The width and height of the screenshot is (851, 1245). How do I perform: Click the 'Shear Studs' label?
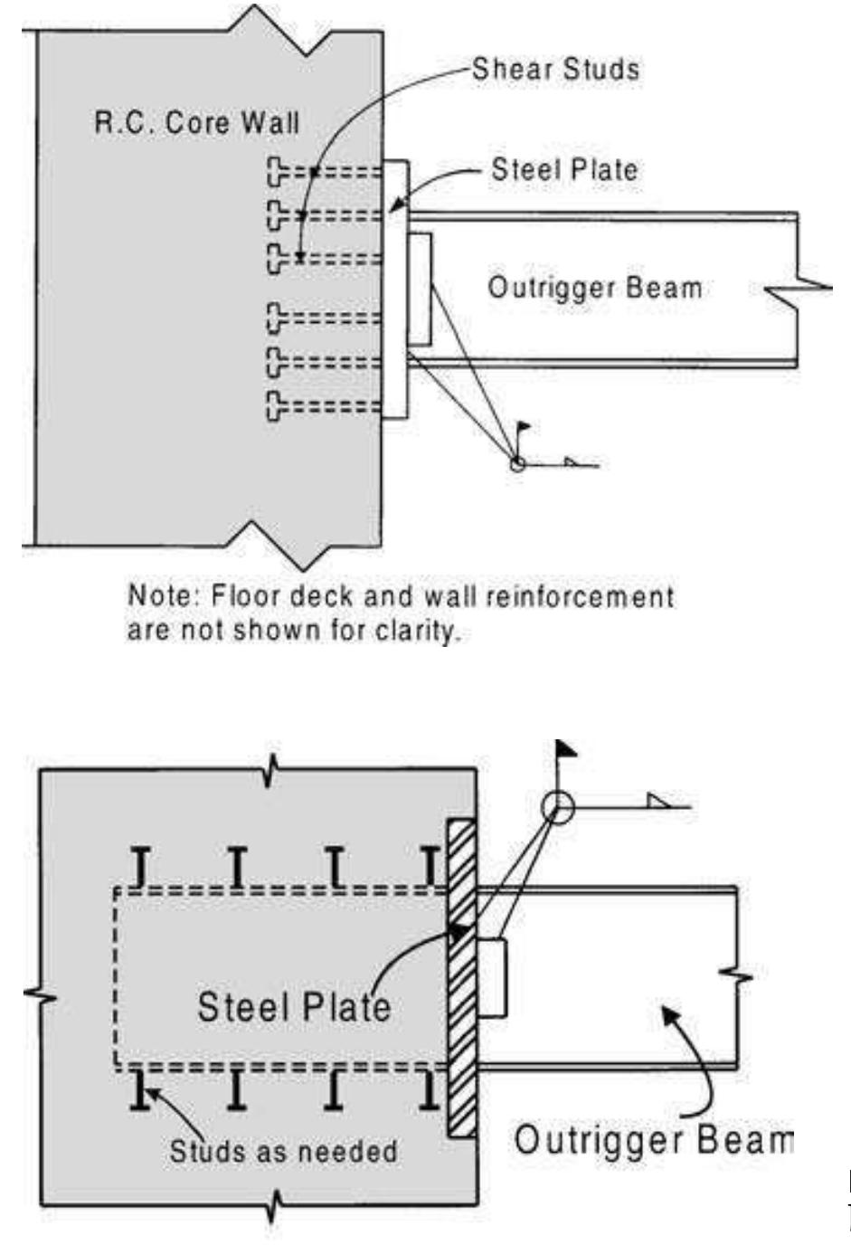(554, 70)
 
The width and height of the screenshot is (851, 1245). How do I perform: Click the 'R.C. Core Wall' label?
(196, 123)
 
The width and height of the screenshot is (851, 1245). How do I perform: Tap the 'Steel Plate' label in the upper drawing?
(563, 169)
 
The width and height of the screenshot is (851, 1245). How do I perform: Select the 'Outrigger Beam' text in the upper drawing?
(594, 288)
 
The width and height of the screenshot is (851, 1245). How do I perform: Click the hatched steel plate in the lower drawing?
(462, 977)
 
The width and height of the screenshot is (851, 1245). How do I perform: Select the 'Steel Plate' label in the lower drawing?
(294, 1006)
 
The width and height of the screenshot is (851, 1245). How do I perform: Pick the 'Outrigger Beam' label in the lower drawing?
(653, 1140)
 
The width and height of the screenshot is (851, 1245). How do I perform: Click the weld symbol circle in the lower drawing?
(559, 806)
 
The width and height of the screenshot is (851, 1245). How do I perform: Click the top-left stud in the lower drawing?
(140, 867)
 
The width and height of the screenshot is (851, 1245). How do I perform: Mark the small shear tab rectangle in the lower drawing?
(491, 978)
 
